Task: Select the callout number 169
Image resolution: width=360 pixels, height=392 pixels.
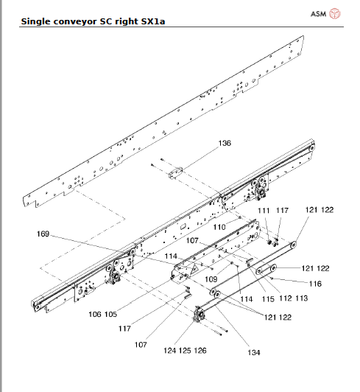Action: coord(43,234)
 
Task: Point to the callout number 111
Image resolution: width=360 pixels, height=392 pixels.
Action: coord(263,211)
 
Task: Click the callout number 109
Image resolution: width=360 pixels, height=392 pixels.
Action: coord(211,279)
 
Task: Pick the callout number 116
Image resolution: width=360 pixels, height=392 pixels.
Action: coord(316,283)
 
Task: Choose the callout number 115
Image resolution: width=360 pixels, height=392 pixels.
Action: coord(267,298)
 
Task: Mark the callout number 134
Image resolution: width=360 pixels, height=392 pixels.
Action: coord(253,352)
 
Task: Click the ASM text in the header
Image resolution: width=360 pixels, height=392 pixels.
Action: coord(318,14)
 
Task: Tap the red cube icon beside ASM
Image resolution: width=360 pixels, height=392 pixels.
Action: coord(335,14)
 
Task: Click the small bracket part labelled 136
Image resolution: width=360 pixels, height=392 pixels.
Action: coord(174,174)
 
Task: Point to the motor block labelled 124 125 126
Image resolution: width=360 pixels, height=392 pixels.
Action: coord(198,318)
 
